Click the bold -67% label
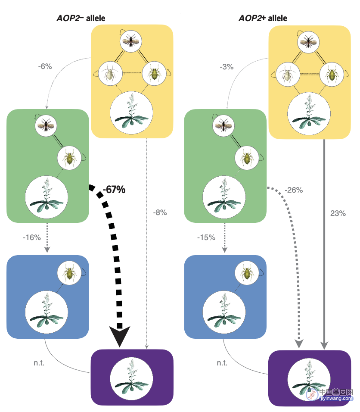pyautogui.click(x=114, y=190)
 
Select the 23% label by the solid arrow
pyautogui.click(x=338, y=213)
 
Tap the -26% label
pyautogui.click(x=294, y=190)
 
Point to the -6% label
pyautogui.click(x=45, y=66)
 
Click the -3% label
pyautogui.click(x=227, y=67)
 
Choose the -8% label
pyautogui.click(x=160, y=212)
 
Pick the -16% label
pyautogui.click(x=32, y=237)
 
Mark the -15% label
pyautogui.click(x=206, y=237)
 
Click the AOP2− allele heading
pyautogui.click(x=81, y=18)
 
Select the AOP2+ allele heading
pyautogui.click(x=263, y=18)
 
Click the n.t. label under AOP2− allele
pyautogui.click(x=39, y=363)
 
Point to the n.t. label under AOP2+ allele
pyautogui.click(x=222, y=363)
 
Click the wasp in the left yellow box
pyautogui.click(x=131, y=41)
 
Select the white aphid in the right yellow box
pyautogui.click(x=288, y=74)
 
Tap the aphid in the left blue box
pyautogui.click(x=69, y=273)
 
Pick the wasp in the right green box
pyautogui.click(x=223, y=125)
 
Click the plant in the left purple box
pyautogui.click(x=131, y=378)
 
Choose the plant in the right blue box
pyautogui.click(x=224, y=312)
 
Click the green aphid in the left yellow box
pyautogui.click(x=154, y=73)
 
